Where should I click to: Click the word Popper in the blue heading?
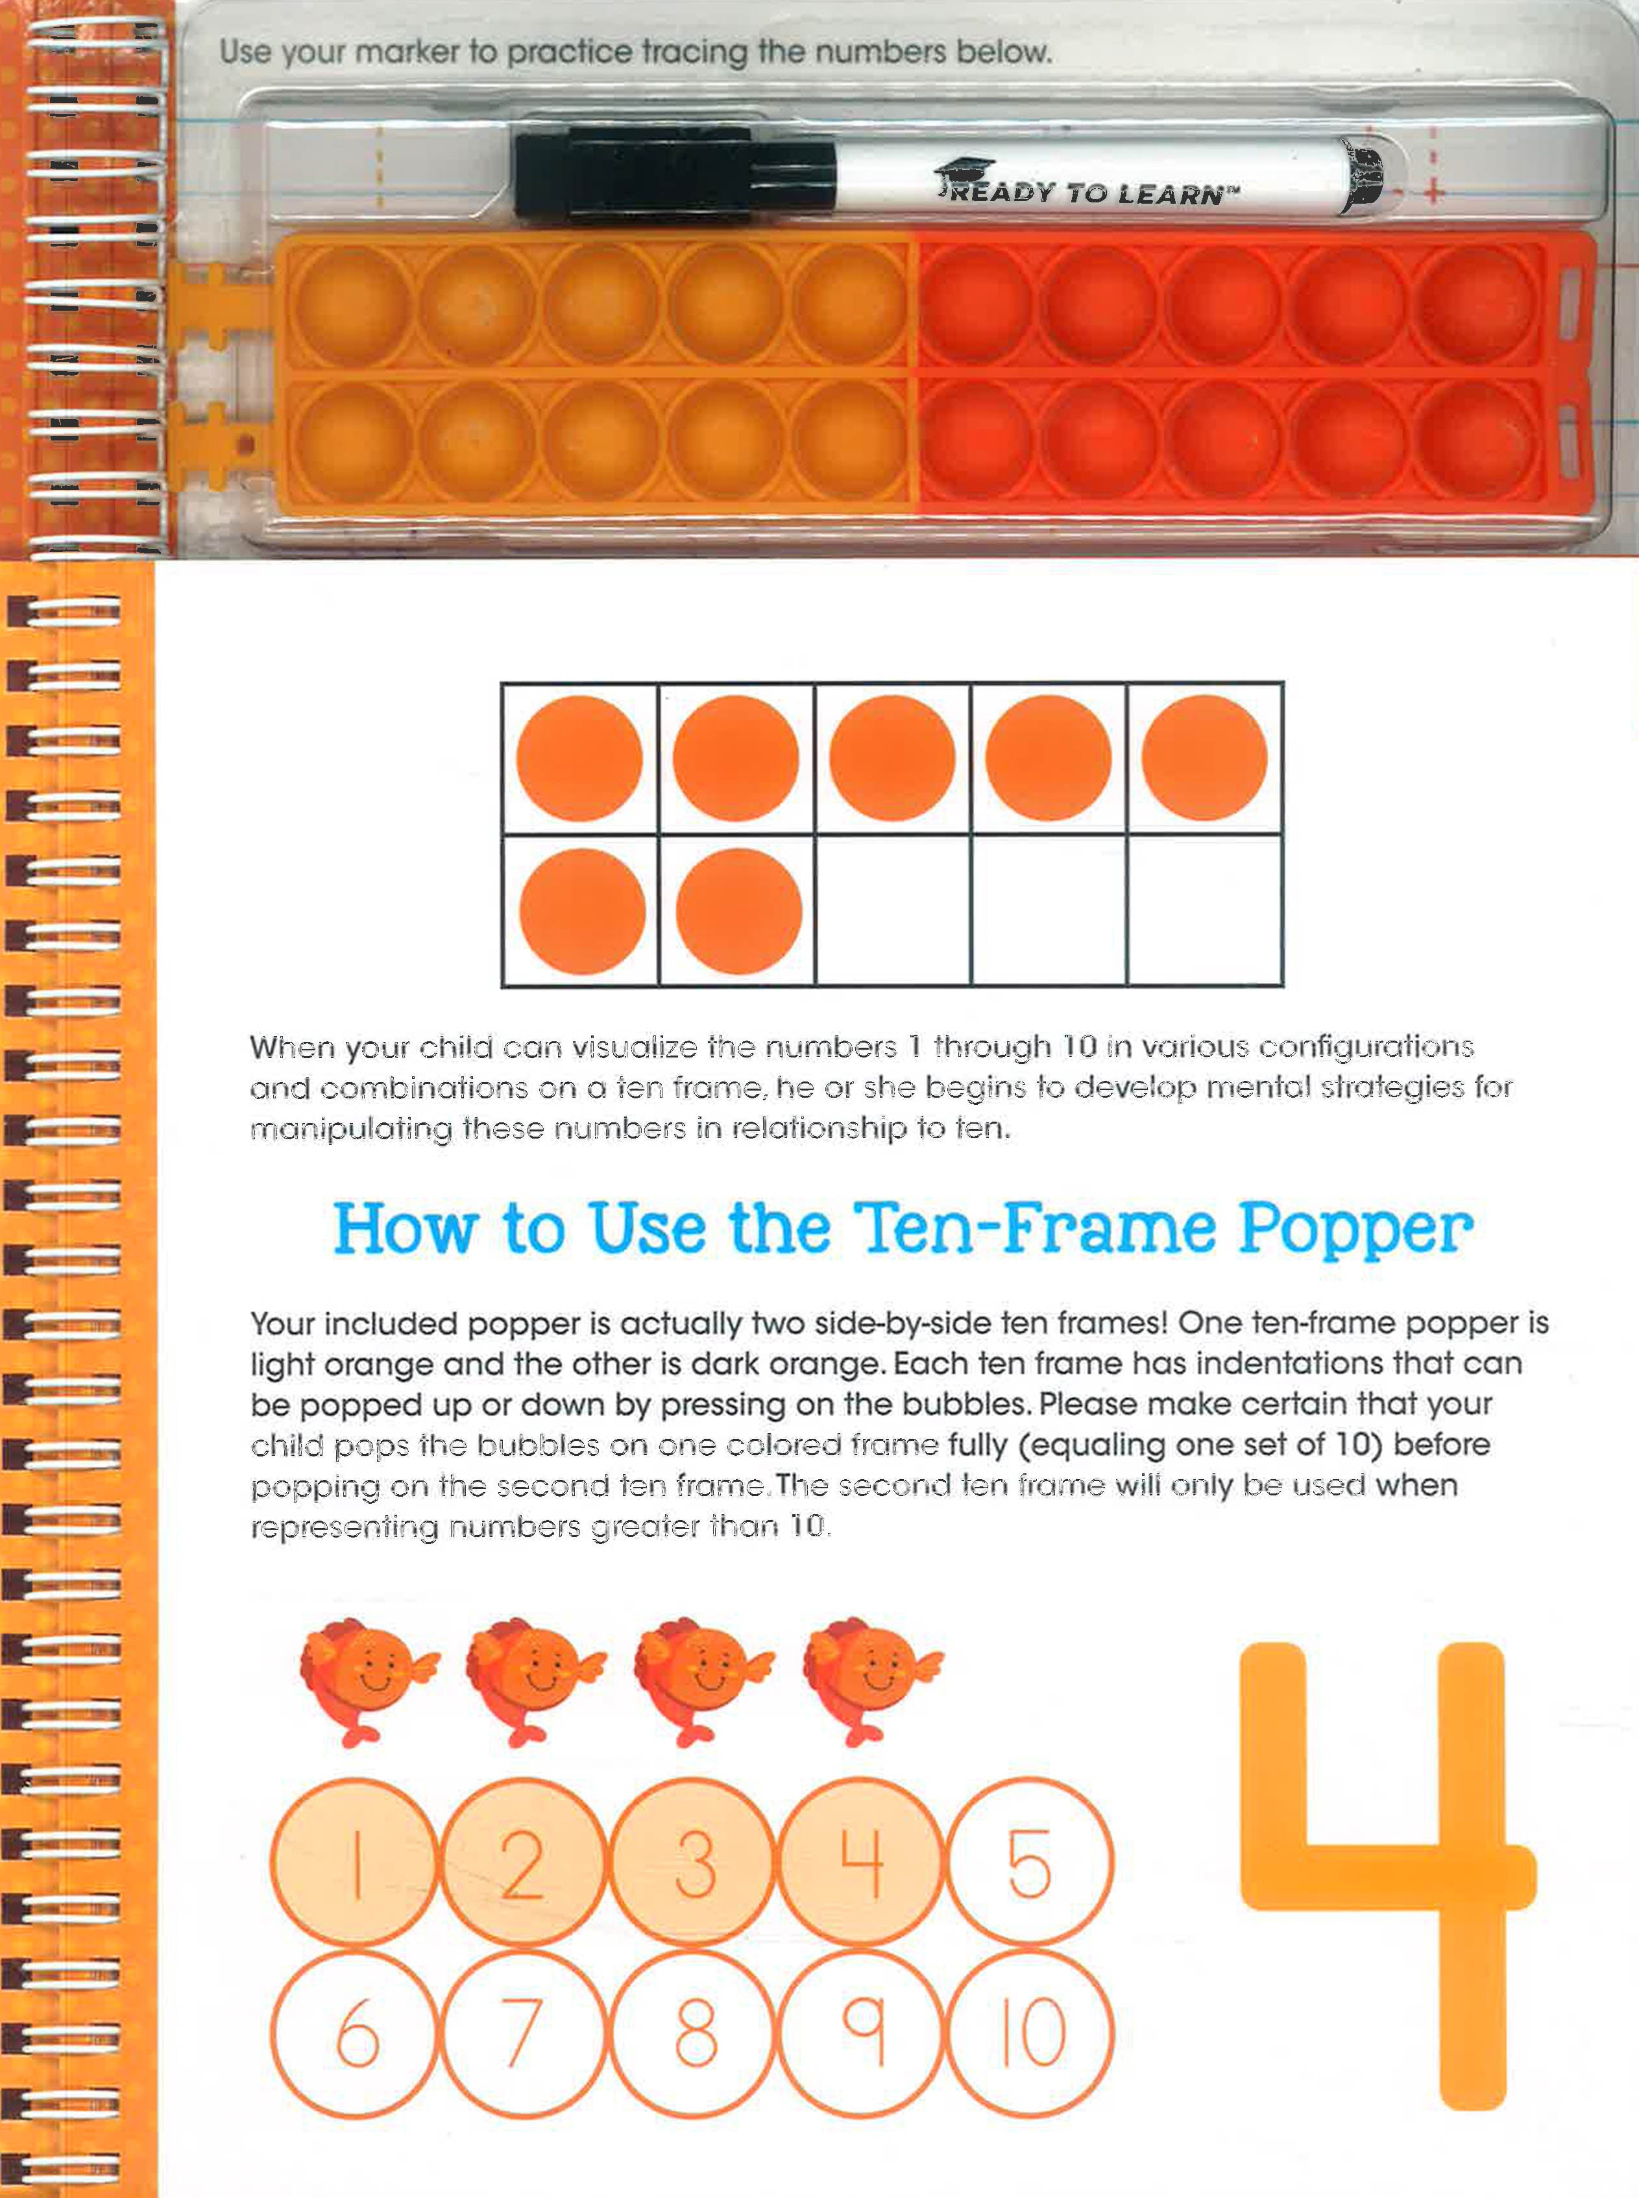[x=1356, y=1231]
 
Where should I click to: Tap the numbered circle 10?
[x=1030, y=2033]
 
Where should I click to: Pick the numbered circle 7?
[x=523, y=2033]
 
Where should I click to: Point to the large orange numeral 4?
[x=1388, y=1875]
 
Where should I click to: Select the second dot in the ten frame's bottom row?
[x=739, y=911]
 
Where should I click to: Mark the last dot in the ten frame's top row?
[x=1204, y=758]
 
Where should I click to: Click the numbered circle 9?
[x=861, y=2033]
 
